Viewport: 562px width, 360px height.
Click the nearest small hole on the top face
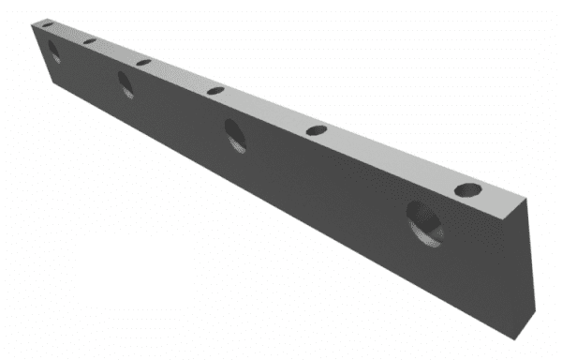[466, 190]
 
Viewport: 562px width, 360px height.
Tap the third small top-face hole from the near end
[215, 91]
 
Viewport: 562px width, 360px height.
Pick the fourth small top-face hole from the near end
[143, 62]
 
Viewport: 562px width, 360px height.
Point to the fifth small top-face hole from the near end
[89, 41]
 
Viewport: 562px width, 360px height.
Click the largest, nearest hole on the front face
[423, 223]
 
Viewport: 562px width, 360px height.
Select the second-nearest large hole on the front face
[237, 136]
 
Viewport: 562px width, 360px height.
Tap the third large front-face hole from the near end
[126, 84]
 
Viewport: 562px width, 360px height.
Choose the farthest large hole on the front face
[54, 52]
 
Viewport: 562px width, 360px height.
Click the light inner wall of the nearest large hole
[433, 228]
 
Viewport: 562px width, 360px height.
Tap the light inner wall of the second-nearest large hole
[243, 140]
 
